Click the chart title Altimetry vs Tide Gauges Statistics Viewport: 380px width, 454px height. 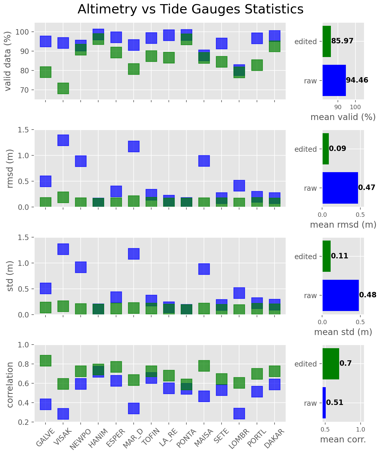[190, 10]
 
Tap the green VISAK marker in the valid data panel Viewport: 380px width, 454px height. [63, 89]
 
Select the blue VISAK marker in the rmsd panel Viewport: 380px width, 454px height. [63, 140]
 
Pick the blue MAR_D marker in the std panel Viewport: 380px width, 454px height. [134, 254]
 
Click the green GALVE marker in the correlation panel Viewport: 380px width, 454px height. [45, 361]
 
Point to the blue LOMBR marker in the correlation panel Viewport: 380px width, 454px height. [239, 413]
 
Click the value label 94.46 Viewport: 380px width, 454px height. [357, 80]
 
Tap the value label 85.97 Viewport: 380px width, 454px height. [342, 41]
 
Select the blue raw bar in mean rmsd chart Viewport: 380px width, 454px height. [340, 188]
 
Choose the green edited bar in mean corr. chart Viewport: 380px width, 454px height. [331, 364]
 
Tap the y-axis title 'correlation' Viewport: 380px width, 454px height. [10, 385]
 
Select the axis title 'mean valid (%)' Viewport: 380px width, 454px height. [343, 117]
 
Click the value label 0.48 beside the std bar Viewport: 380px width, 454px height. [368, 295]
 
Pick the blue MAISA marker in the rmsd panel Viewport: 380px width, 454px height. [204, 161]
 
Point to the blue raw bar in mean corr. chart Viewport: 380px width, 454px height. [324, 403]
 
